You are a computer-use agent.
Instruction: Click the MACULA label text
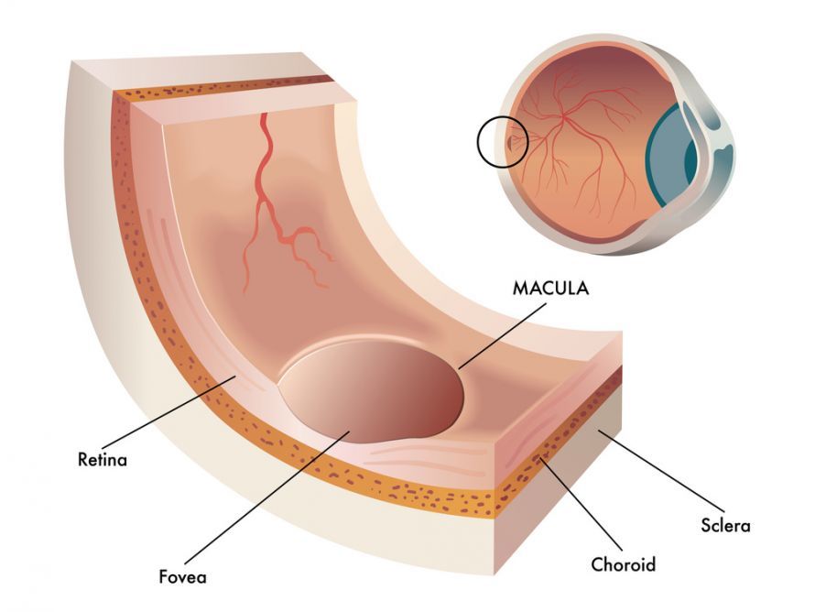[550, 288]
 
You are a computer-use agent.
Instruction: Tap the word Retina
[103, 460]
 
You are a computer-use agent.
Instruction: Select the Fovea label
[182, 576]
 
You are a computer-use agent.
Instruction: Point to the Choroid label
[624, 564]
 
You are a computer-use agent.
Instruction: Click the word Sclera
[725, 525]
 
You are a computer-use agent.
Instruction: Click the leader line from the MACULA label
[503, 336]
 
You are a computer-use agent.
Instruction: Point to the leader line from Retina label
[168, 412]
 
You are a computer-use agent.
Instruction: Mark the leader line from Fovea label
[267, 497]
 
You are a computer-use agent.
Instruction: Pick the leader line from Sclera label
[661, 471]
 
